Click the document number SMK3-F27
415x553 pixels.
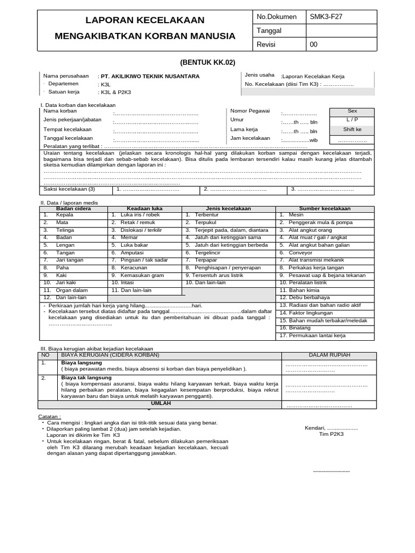326,17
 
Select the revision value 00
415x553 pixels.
313,45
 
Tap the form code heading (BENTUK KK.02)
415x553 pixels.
207,62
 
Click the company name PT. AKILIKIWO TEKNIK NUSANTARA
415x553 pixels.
150,77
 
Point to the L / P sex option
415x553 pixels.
352,119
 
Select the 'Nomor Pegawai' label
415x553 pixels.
250,111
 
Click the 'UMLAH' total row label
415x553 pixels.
160,403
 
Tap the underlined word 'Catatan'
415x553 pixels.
49,417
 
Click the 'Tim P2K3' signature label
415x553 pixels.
331,434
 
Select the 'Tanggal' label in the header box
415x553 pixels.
270,31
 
